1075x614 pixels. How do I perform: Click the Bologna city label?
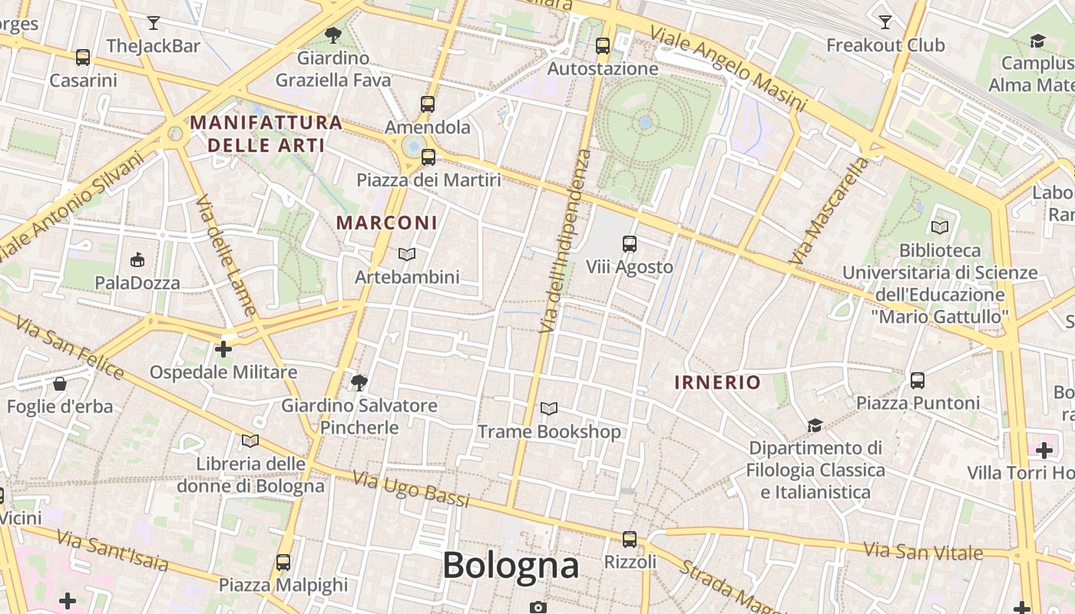[x=510, y=566]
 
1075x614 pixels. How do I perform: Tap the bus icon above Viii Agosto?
[x=630, y=244]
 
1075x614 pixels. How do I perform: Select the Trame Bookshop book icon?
[x=549, y=408]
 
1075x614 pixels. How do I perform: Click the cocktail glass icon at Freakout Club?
[x=885, y=21]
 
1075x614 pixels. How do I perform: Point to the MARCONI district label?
[x=387, y=223]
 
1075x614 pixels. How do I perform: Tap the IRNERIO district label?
[x=718, y=382]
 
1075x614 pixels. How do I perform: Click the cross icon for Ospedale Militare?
[x=223, y=349]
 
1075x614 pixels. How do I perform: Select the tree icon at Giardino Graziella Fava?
[x=333, y=35]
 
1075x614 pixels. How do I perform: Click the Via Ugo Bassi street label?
[x=411, y=489]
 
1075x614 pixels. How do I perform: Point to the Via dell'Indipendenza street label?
[x=565, y=241]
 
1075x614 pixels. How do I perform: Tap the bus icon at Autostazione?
[x=603, y=46]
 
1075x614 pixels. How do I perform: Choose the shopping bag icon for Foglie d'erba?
[x=60, y=383]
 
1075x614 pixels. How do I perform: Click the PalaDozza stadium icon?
[x=137, y=259]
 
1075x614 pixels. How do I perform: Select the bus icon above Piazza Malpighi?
[x=283, y=562]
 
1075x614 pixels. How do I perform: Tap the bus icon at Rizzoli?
[x=630, y=539]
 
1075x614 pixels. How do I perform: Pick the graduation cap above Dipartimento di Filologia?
[x=815, y=424]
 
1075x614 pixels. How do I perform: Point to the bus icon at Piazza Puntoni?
[x=917, y=380]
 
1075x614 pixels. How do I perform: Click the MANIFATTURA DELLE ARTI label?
[x=266, y=134]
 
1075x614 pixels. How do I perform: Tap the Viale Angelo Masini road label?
[x=728, y=68]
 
